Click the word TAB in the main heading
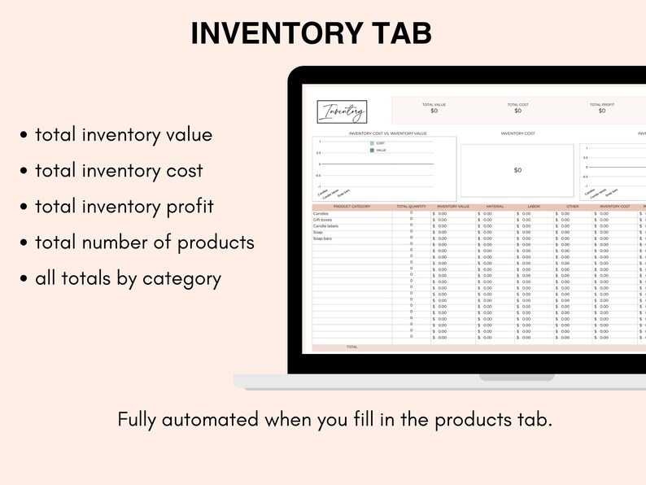[396, 33]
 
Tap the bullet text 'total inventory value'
[123, 135]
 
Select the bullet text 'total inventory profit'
[124, 207]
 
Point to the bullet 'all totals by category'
[128, 278]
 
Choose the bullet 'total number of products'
[144, 242]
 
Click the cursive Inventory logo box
[343, 112]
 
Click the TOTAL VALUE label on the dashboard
[434, 105]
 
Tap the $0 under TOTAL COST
[518, 111]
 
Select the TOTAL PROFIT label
[601, 105]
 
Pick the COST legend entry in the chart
[380, 143]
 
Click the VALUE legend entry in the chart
[381, 151]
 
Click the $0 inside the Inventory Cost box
[517, 170]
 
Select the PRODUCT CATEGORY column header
[351, 207]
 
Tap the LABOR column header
[534, 207]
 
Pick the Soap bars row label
[323, 238]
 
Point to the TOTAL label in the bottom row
[351, 347]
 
